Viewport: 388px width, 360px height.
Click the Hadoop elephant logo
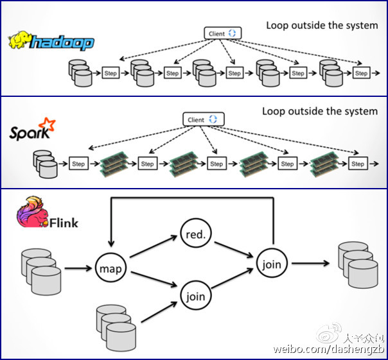click(x=21, y=41)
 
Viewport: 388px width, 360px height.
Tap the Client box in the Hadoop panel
click(x=222, y=33)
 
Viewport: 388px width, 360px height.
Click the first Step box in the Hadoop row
click(x=110, y=73)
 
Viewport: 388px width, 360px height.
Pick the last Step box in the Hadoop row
click(x=361, y=73)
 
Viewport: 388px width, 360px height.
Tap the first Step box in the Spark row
click(x=78, y=164)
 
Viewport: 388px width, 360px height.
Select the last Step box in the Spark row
click(x=358, y=164)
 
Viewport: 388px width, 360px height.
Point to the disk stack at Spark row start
click(x=44, y=164)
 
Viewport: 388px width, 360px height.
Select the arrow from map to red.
click(x=153, y=248)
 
